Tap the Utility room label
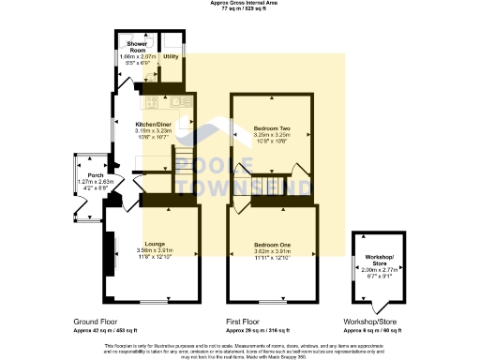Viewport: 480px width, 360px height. coord(171,57)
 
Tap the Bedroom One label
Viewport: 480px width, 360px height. coord(273,245)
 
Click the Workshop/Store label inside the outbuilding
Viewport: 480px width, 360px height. coord(381,260)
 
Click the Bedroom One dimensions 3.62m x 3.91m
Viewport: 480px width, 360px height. coord(273,251)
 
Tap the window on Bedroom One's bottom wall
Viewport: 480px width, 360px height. coord(273,302)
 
